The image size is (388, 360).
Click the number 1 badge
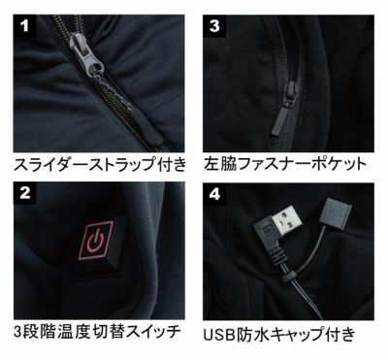point(24,26)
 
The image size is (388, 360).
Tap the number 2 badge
point(24,193)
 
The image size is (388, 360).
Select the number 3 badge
point(214,26)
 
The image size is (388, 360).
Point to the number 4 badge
point(214,194)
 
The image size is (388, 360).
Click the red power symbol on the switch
point(95,241)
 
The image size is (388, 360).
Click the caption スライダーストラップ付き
point(100,164)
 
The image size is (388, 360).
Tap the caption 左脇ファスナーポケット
point(285,164)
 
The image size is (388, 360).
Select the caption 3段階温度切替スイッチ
point(97,332)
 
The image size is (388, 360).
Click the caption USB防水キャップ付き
point(279,334)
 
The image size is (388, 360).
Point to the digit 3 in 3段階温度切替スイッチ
point(17,332)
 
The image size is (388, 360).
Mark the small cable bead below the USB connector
point(287,278)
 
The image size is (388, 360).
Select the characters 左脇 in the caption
point(219,164)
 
